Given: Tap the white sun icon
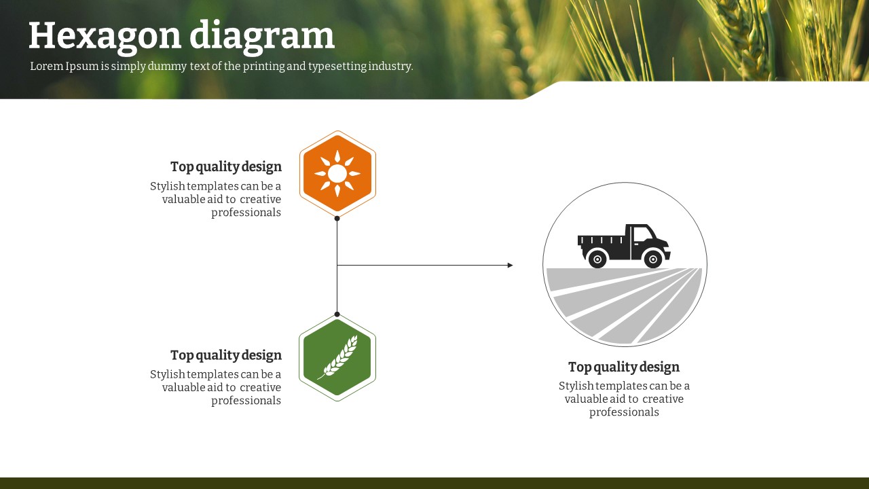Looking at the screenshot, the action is point(337,173).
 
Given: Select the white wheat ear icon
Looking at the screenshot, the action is point(338,357).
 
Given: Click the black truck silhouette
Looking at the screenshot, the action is point(624,246).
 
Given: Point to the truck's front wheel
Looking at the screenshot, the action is point(653,259).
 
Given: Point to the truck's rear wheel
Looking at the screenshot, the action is point(597,259).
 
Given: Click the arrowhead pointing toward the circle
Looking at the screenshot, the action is point(510,266).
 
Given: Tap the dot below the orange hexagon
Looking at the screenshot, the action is point(337,219).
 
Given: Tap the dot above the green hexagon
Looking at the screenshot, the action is point(337,314).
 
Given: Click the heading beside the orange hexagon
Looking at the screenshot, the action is point(226,167).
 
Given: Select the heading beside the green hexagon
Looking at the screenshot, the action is point(226,355).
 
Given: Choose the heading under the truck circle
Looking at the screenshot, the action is point(624,367).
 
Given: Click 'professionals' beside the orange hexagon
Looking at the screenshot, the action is point(246,213).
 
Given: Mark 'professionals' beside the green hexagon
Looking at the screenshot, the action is point(246,401).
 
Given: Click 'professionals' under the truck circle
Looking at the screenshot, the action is point(624,412).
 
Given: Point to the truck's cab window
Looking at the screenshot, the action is point(643,234).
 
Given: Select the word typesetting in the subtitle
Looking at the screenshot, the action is point(337,67).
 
